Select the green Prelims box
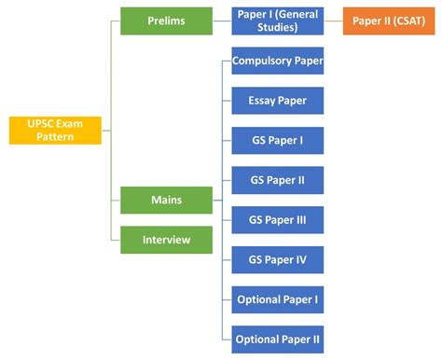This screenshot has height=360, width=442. pos(166,20)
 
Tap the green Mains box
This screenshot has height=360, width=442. pos(166,200)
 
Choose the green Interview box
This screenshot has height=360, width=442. pos(166,240)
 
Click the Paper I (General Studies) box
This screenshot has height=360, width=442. pos(277,20)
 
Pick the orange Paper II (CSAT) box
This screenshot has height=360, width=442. pos(390,20)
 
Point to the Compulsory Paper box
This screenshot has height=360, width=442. pos(277,62)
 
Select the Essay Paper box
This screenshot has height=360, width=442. pos(277,101)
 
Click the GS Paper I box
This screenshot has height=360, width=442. pos(277,141)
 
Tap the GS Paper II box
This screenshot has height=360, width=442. pos(277,181)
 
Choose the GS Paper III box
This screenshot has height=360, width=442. pos(277,220)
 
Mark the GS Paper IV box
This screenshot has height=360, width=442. pos(277,259)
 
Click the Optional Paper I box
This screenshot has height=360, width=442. pos(277,299)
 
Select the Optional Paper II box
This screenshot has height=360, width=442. pos(277,338)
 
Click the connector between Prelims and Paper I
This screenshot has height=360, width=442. pos(222,20)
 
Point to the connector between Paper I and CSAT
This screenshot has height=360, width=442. pos(334,20)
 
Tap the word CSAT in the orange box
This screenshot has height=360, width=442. pos(407,20)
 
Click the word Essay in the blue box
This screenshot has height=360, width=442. pos(262,101)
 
